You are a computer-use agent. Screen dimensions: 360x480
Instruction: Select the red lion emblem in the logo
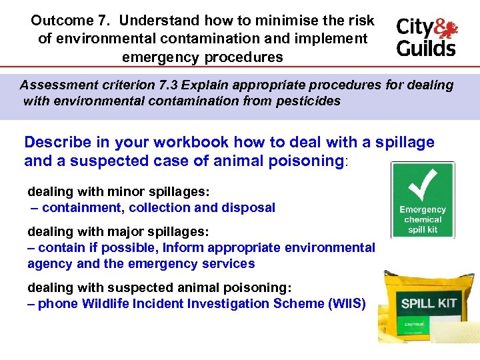(x=444, y=28)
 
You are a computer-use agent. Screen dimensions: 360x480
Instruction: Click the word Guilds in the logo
(x=426, y=47)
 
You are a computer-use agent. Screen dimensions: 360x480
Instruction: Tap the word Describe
(x=59, y=142)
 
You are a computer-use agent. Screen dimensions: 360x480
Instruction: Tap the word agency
(x=49, y=263)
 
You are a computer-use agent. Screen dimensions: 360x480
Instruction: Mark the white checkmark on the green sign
(x=422, y=183)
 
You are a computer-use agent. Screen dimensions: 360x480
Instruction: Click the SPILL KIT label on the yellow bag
(x=429, y=303)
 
